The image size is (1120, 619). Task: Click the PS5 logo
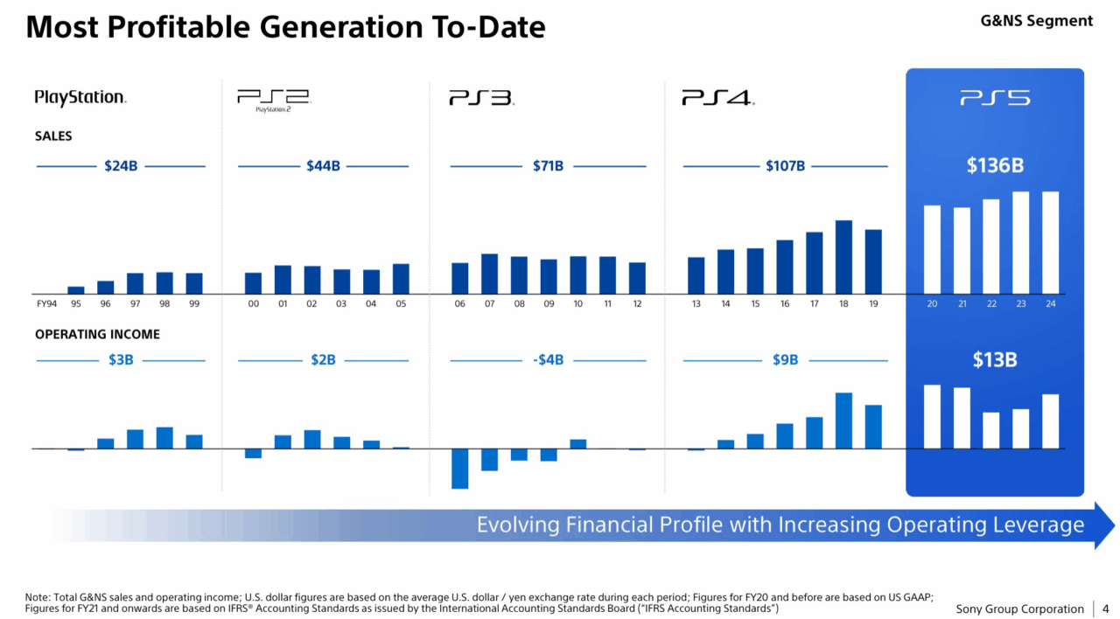[x=994, y=98]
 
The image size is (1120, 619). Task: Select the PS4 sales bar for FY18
[x=843, y=256]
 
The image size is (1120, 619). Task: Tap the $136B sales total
[x=995, y=165]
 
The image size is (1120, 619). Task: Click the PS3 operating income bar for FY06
[x=460, y=468]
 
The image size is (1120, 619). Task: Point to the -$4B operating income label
[x=548, y=360]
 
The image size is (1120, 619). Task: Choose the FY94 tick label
[x=46, y=304]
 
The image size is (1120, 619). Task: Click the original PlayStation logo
[x=80, y=98]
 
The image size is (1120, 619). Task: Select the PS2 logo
[x=273, y=100]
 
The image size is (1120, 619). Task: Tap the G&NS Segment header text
[x=1037, y=20]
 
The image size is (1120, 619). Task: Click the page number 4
[x=1105, y=609]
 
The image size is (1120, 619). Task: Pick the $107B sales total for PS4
[x=785, y=166]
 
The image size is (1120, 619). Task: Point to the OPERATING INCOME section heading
[x=97, y=334]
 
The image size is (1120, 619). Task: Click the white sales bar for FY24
[x=1050, y=242]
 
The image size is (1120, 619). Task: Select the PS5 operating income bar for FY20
[x=932, y=416]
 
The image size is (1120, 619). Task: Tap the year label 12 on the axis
[x=637, y=304]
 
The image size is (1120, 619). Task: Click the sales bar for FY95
[x=76, y=289]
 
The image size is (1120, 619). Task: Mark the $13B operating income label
[x=995, y=359]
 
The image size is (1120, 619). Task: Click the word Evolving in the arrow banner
[x=518, y=525]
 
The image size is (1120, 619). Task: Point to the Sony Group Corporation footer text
[x=1019, y=609]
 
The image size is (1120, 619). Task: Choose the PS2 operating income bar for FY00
[x=253, y=453]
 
